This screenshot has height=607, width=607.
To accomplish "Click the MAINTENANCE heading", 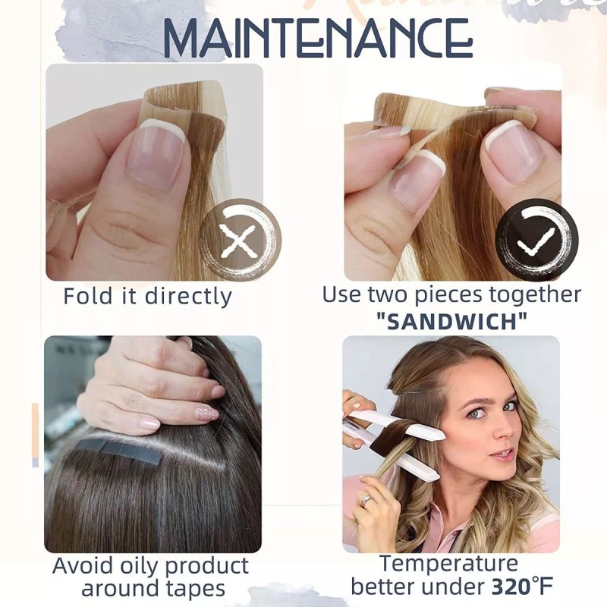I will click(317, 39).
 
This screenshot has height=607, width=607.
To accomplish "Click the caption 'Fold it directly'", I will click(147, 295).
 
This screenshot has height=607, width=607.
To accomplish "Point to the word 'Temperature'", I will click(448, 564).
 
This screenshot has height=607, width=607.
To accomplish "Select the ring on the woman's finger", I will click(366, 500).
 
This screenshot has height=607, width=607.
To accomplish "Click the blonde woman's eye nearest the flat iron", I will click(475, 413).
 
